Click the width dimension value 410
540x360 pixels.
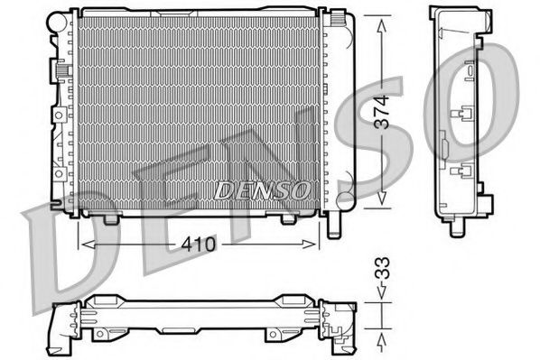pyautogui.click(x=200, y=243)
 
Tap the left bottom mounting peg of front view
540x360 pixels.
pyautogui.click(x=111, y=218)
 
